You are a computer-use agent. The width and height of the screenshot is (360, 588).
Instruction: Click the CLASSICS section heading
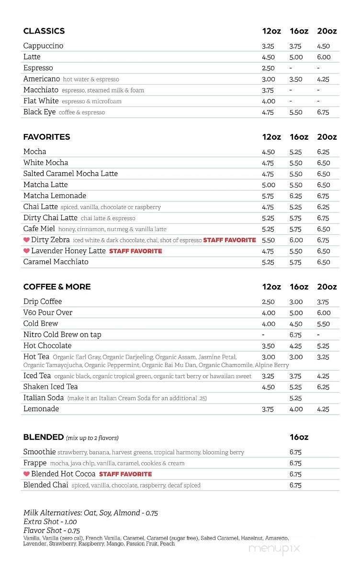pos(44,31)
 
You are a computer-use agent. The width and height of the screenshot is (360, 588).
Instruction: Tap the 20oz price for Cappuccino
pos(323,46)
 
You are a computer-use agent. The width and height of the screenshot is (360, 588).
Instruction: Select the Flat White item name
pos(41,101)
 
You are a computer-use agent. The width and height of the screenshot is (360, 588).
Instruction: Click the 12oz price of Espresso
pos(268,68)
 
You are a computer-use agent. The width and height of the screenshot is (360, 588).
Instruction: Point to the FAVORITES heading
pos(46,137)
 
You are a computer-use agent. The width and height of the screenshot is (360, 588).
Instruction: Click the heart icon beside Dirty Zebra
pos(26,240)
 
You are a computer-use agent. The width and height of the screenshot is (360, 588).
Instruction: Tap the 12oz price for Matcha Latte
pos(268,185)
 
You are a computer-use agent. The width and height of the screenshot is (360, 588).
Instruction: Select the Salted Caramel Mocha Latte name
pos(70,174)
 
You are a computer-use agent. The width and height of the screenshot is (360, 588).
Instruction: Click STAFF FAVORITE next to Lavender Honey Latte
pos(135,251)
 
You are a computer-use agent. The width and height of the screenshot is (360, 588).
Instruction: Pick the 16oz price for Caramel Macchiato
pos(296,262)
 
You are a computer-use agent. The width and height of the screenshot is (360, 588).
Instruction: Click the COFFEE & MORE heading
pos(57,287)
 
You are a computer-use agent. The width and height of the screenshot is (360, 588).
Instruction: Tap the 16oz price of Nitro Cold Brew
pos(296,335)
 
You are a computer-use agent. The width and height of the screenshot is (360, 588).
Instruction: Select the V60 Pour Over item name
pos(48,312)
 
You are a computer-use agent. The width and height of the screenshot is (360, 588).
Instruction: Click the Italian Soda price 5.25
pos(296,398)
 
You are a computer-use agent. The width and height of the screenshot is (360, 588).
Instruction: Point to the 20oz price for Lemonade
pos(323,409)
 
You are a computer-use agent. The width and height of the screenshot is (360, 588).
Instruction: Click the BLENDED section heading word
pos(43,437)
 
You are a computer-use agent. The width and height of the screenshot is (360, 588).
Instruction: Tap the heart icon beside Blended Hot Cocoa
pos(26,474)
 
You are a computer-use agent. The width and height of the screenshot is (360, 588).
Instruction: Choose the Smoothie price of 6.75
pos(296,452)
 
